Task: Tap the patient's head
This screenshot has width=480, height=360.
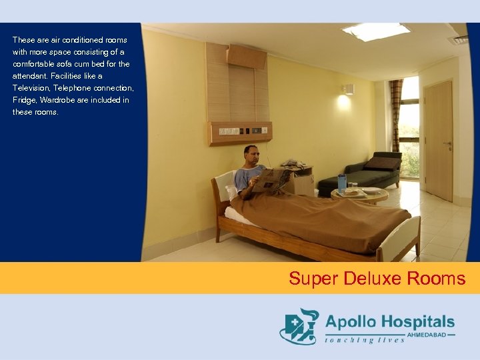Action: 251,155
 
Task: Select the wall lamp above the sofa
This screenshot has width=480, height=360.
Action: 347,89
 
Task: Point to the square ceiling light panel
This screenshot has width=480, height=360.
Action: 375,30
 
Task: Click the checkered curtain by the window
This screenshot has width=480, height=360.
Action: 396,113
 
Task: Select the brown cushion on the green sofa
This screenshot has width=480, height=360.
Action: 382,163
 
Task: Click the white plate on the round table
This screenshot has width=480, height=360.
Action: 371,191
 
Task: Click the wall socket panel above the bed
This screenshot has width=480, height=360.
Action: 239,132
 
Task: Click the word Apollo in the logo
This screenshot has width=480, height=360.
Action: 351,322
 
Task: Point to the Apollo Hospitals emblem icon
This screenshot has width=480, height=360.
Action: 299,326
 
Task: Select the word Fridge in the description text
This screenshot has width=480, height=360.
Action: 25,100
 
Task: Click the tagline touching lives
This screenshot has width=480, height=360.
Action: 365,340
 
